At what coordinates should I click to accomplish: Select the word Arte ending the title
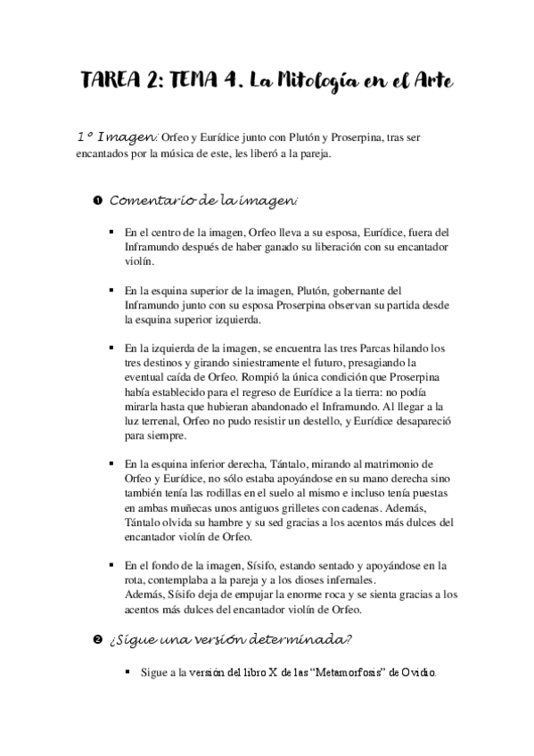tap(432, 82)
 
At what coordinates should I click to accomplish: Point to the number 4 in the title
tap(233, 82)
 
